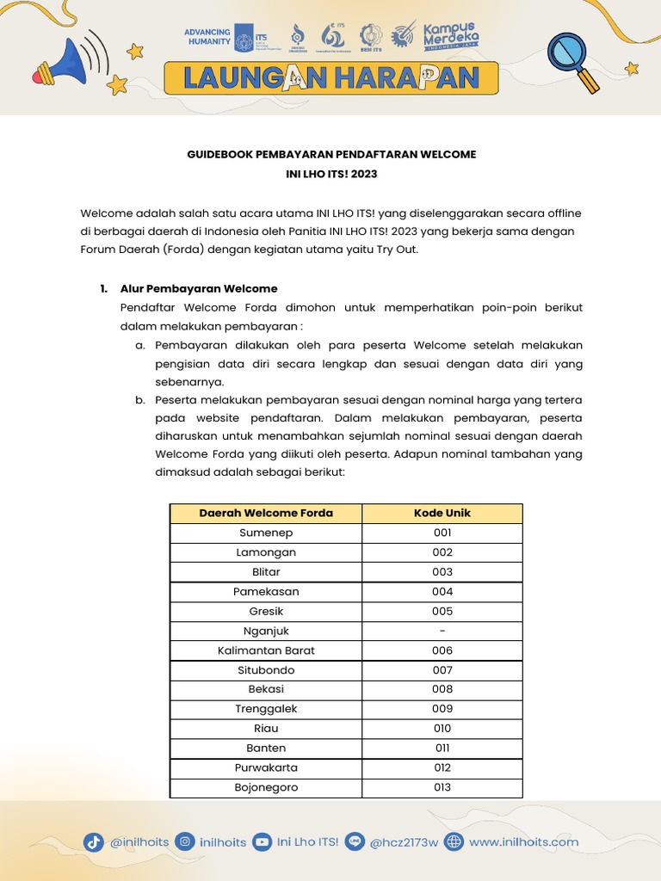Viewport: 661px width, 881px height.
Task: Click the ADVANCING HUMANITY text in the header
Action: (207, 37)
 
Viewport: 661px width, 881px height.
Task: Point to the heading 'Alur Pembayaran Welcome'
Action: (199, 288)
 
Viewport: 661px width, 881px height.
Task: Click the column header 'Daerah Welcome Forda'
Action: (266, 513)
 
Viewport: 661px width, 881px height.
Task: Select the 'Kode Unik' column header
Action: (442, 513)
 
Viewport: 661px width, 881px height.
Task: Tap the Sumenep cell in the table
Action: (266, 533)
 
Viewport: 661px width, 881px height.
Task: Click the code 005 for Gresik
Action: (442, 611)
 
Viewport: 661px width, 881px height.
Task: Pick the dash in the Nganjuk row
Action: (442, 631)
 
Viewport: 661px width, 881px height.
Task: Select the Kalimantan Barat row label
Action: (266, 650)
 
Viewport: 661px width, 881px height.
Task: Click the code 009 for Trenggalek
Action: (442, 709)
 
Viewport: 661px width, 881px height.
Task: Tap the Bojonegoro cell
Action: (266, 787)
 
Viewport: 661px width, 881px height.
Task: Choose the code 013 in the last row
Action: (442, 787)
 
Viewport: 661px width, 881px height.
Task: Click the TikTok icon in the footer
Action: (94, 842)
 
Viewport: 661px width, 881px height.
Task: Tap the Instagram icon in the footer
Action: (184, 842)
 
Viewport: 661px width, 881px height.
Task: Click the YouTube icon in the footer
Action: (262, 842)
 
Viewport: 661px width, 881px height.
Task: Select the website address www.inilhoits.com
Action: (523, 842)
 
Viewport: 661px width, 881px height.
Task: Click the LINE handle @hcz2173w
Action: (404, 842)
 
